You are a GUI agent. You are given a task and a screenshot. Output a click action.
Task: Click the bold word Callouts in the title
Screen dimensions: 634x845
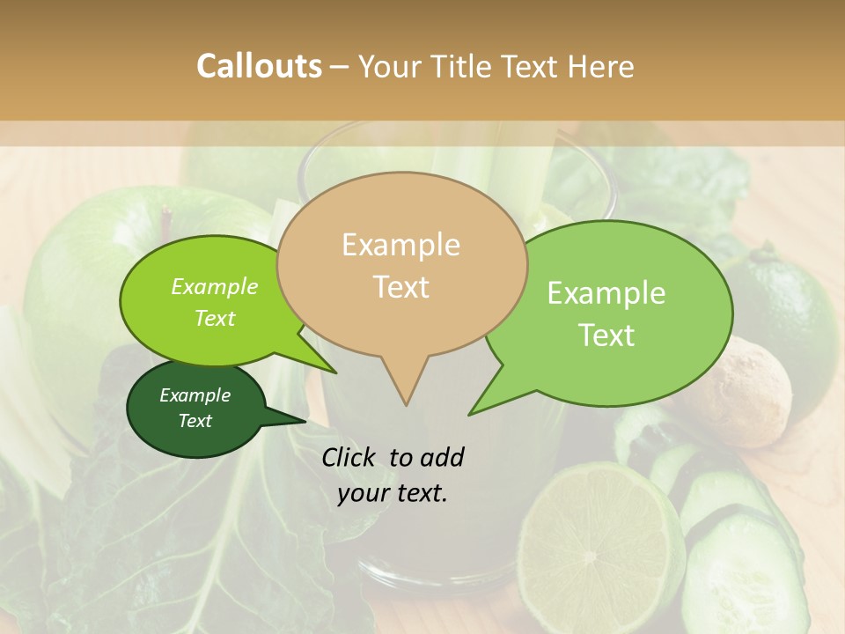(259, 66)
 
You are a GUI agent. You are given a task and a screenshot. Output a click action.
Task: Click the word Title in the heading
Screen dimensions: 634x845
(466, 66)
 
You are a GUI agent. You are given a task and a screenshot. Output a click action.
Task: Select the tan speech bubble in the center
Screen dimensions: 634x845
(401, 264)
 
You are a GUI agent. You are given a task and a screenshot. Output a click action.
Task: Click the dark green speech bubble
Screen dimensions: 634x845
(195, 409)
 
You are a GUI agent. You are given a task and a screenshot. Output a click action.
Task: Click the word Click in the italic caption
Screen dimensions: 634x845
(349, 457)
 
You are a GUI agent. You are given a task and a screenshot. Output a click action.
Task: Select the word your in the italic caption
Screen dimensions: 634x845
(365, 493)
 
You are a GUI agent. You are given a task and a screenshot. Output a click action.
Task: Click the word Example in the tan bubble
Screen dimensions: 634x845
(400, 245)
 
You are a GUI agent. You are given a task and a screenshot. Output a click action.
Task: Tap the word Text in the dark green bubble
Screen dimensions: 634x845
(195, 421)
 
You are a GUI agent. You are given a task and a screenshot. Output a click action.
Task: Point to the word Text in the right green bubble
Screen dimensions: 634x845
(606, 335)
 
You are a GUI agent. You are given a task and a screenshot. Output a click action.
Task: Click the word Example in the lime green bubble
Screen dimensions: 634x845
(214, 287)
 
